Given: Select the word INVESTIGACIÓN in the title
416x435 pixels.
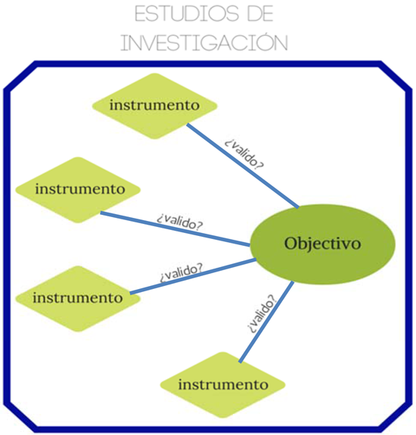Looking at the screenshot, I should pos(204,42).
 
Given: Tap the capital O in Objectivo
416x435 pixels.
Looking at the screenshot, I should pos(291,244).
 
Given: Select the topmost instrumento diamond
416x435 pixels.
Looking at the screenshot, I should pos(154,104).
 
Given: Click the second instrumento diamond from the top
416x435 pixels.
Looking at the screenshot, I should pos(79,188).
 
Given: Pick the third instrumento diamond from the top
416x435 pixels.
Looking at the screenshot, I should pos(78,297).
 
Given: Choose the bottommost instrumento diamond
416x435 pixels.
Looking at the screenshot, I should pos(223,384).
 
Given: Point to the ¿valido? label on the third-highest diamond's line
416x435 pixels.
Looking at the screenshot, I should pos(181,272).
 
